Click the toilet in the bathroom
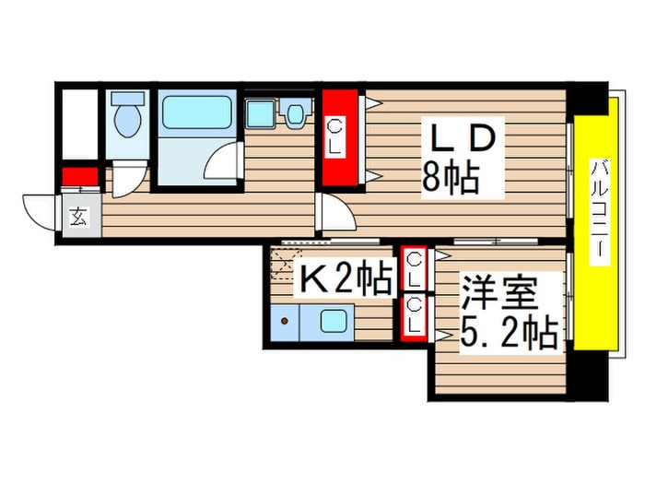[125, 118]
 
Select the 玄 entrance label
[78, 218]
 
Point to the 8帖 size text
[451, 176]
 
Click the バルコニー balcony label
[599, 210]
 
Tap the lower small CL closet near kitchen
[415, 315]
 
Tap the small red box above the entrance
[79, 176]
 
